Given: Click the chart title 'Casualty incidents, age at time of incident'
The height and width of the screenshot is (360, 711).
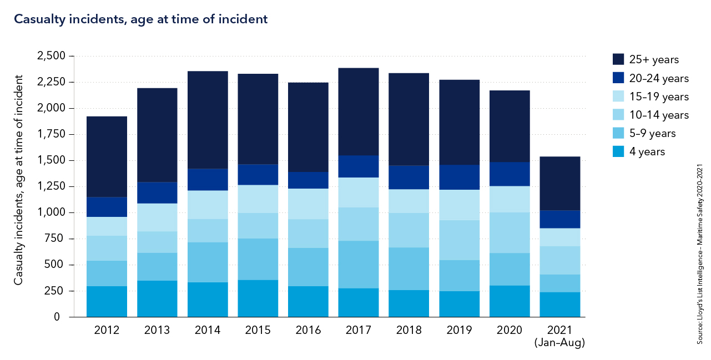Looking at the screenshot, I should [x=140, y=19].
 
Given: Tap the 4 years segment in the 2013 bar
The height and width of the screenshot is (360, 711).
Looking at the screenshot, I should [x=157, y=298].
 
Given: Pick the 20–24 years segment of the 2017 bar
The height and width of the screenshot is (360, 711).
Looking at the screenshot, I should [x=359, y=166].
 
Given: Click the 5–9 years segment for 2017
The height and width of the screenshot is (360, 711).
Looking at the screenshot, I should [x=359, y=264].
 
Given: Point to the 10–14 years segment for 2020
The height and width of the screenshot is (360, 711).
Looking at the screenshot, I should [x=510, y=232].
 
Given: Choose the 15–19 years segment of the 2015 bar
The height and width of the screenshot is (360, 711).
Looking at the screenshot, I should [x=258, y=199].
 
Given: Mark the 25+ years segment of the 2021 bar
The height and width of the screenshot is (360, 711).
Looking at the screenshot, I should [x=560, y=184].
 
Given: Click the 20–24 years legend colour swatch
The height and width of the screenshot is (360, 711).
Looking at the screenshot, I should [x=619, y=78].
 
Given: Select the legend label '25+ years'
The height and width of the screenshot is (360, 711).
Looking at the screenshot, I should [x=654, y=60].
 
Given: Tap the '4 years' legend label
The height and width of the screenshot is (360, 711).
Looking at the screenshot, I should [x=647, y=152].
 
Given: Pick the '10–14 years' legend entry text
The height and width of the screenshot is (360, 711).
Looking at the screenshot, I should [x=659, y=115].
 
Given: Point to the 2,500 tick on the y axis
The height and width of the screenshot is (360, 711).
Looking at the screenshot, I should [x=51, y=56].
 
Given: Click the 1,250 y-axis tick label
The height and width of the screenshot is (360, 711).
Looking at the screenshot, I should [x=51, y=186].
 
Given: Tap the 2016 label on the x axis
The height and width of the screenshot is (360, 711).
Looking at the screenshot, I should [x=308, y=331].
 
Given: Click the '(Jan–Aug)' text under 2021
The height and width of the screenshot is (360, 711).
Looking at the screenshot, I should [x=559, y=343].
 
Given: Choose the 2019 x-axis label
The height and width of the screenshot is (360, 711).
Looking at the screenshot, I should [x=459, y=331].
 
